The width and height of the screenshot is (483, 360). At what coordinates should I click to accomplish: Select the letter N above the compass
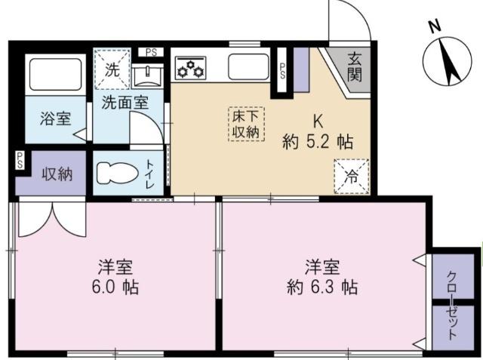click(435, 26)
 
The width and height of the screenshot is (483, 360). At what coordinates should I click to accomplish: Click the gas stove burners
click(190, 67)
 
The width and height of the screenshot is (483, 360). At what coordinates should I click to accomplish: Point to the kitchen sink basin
click(248, 66)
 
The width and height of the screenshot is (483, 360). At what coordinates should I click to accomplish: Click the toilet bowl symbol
click(118, 173)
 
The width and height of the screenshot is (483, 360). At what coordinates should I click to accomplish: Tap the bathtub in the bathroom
click(55, 74)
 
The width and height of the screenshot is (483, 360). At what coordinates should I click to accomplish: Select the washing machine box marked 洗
click(112, 69)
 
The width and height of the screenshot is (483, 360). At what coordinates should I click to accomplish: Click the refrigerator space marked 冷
click(352, 177)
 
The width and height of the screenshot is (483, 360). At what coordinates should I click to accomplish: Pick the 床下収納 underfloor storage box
click(246, 124)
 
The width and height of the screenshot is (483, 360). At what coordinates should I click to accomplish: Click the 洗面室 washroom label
click(125, 103)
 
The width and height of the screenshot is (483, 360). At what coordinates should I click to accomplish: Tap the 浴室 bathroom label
click(55, 118)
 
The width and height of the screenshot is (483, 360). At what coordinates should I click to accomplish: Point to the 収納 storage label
click(57, 174)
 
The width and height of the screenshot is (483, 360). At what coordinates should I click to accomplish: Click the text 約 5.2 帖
click(318, 142)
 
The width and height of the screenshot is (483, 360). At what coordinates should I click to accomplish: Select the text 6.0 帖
click(115, 287)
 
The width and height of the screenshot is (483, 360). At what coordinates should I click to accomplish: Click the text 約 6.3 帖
click(322, 287)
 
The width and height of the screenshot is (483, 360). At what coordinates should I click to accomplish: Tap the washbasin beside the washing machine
click(147, 76)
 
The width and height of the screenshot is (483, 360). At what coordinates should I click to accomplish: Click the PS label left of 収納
click(20, 160)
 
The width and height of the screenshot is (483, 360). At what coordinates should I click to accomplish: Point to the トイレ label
click(149, 174)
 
